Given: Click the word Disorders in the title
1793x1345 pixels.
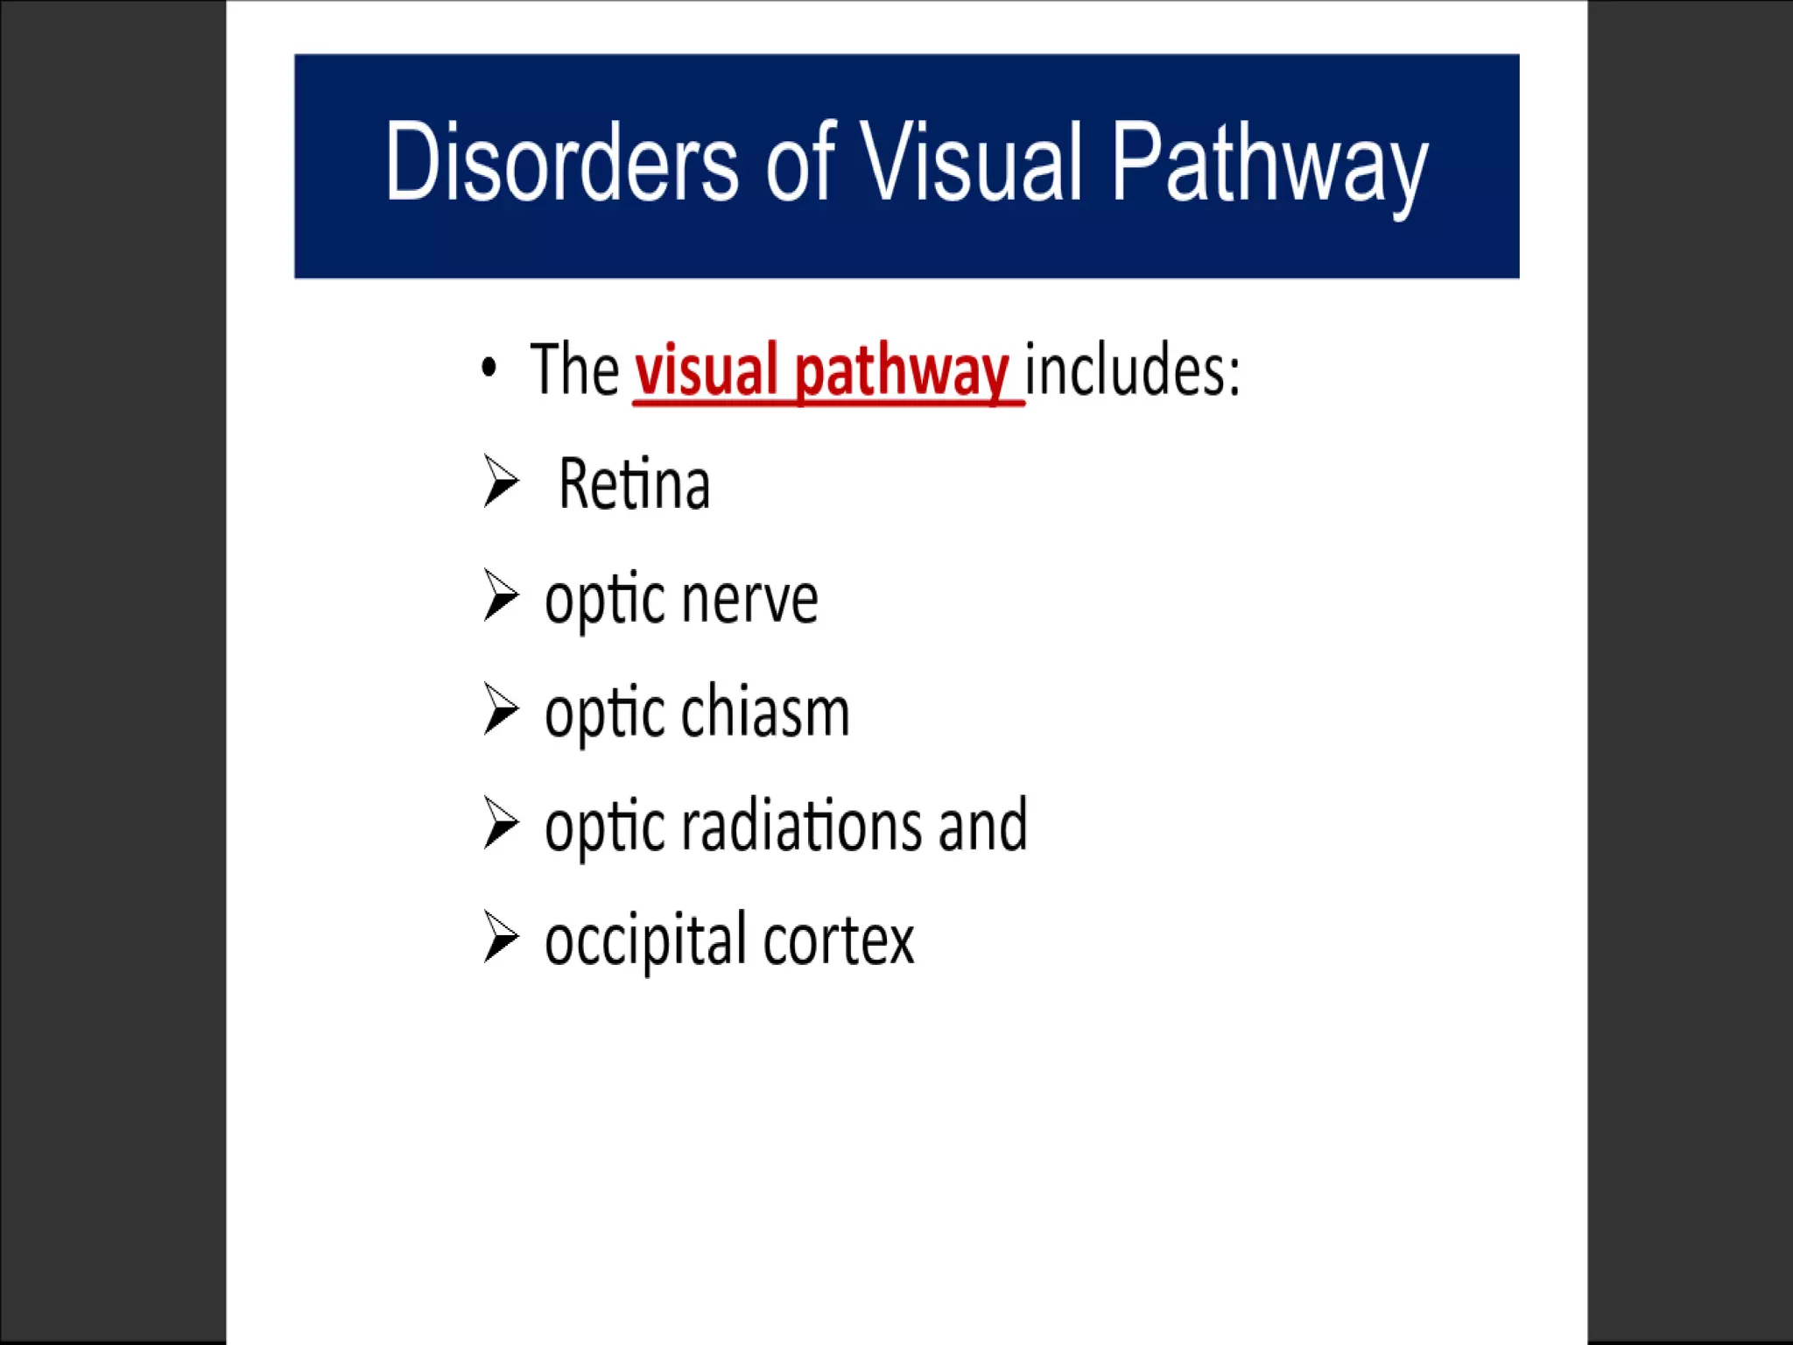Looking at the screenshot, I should click(x=561, y=163).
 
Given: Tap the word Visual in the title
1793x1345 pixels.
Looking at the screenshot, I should click(x=972, y=163).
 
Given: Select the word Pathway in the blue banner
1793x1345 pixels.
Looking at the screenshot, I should click(x=1269, y=166).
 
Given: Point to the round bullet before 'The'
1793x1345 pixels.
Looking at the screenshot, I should click(x=489, y=368).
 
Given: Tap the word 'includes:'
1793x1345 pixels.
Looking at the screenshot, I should click(x=1132, y=370).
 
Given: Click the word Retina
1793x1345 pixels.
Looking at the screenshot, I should click(x=634, y=483).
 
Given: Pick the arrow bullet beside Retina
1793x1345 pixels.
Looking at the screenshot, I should click(x=501, y=482).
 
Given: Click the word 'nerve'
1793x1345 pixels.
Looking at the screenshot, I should click(x=749, y=601).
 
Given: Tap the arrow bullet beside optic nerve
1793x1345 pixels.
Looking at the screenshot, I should click(x=501, y=595).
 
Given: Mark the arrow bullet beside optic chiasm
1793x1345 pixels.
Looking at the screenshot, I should click(x=501, y=709).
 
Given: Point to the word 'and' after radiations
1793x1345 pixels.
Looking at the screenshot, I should click(x=982, y=826).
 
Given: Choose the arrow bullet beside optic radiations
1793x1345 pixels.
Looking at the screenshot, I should click(x=501, y=823).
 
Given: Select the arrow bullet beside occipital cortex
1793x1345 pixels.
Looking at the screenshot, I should click(x=501, y=937).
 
